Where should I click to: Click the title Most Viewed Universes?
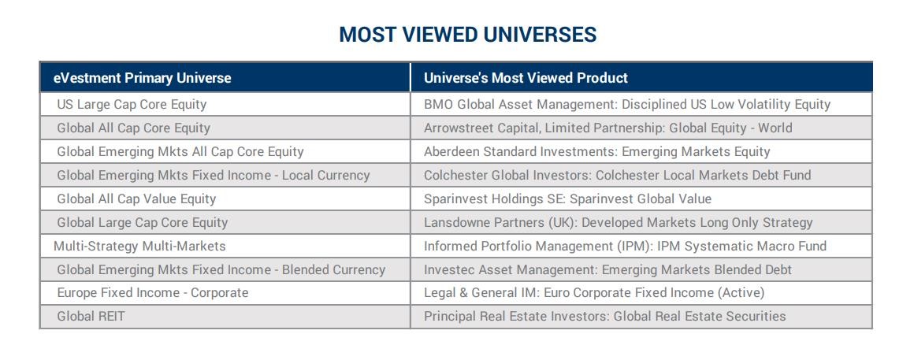tap(467, 35)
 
